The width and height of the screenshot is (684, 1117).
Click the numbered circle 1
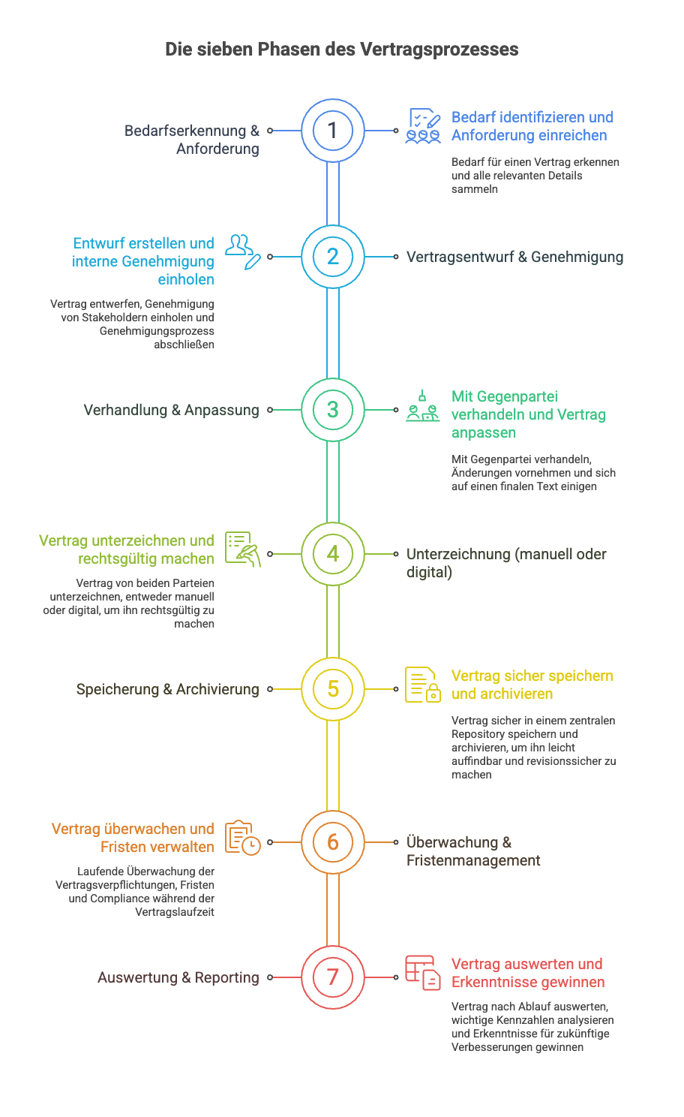333,131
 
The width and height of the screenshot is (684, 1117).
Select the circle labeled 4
333,554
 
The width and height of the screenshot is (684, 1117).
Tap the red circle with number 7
333,977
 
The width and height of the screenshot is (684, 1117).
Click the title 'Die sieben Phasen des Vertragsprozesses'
342,50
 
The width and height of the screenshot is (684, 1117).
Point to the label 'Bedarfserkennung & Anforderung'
193,140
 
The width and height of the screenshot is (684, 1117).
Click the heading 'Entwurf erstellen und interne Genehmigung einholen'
144,261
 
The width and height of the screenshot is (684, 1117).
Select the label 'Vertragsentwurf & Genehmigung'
514,257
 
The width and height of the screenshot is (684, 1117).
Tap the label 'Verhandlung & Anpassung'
171,410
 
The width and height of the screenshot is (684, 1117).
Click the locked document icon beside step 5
423,685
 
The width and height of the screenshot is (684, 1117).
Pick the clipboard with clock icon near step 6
243,838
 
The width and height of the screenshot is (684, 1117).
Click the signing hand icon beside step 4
243,549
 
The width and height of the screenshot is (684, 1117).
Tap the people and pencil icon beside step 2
243,251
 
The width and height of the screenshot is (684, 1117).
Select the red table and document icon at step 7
423,973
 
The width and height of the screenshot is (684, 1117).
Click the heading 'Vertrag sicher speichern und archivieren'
532,685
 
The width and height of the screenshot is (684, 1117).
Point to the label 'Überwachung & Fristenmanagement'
472,851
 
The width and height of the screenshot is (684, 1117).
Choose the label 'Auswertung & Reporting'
178,977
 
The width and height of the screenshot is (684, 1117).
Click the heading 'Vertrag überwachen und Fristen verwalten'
133,838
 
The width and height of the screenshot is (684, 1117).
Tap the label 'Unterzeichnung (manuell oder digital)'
505,563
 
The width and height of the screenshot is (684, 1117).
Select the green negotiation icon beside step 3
423,406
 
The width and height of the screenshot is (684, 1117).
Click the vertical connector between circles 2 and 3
333,333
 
